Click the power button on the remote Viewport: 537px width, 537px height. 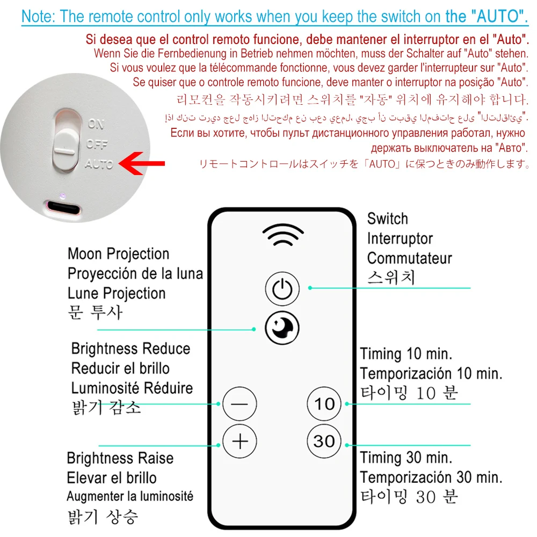tap(282, 289)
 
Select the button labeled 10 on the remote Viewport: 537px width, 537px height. tap(324, 403)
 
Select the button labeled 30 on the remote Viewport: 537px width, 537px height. tap(324, 441)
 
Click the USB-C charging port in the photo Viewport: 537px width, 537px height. tap(63, 206)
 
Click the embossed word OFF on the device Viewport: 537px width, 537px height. tap(97, 144)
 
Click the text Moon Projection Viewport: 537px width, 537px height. tap(118, 253)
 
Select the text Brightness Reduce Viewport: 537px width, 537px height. tap(130, 349)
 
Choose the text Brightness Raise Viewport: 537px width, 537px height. tap(120, 458)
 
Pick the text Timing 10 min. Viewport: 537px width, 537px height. tap(405, 354)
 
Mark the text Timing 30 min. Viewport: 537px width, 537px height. tap(405, 458)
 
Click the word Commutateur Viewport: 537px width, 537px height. tap(409, 258)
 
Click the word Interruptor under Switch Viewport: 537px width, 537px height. tap(400, 238)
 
